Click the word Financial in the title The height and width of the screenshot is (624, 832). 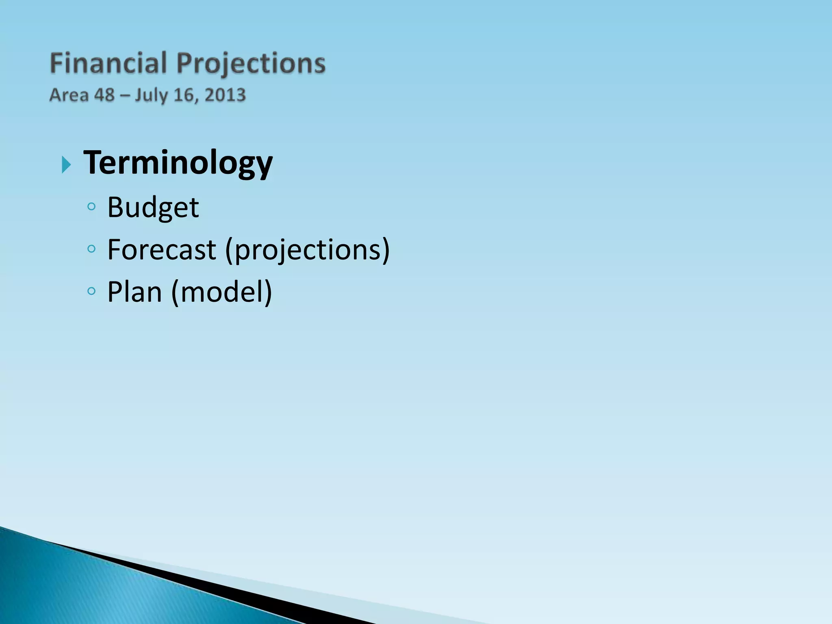(x=108, y=64)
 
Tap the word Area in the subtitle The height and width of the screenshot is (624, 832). (x=69, y=95)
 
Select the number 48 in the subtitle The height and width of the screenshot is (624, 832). (x=104, y=95)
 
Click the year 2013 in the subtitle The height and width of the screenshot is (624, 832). (x=225, y=95)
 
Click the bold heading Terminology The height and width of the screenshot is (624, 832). (x=178, y=163)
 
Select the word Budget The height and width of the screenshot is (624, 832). (x=153, y=208)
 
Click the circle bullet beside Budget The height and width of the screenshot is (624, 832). (x=91, y=207)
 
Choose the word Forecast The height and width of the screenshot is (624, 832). (x=161, y=249)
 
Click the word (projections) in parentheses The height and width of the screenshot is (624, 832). (x=307, y=250)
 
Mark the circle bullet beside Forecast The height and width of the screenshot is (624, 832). (x=91, y=249)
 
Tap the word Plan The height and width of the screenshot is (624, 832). (x=134, y=292)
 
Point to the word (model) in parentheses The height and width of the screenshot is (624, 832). (x=221, y=292)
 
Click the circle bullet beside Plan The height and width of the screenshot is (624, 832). (x=91, y=291)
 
